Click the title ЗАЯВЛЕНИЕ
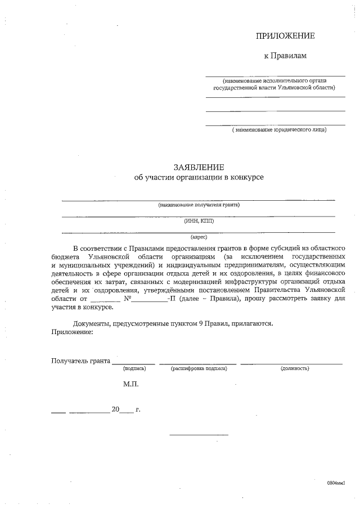[199, 167]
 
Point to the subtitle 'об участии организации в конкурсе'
[199, 178]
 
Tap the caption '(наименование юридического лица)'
[279, 130]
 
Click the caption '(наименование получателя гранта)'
[199, 205]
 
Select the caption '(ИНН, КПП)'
[199, 220]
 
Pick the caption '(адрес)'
[199, 237]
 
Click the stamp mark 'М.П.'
[130, 385]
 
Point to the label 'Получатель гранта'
[80, 360]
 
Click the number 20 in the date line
[115, 409]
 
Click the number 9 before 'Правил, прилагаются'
[201, 324]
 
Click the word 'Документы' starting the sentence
[92, 324]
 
